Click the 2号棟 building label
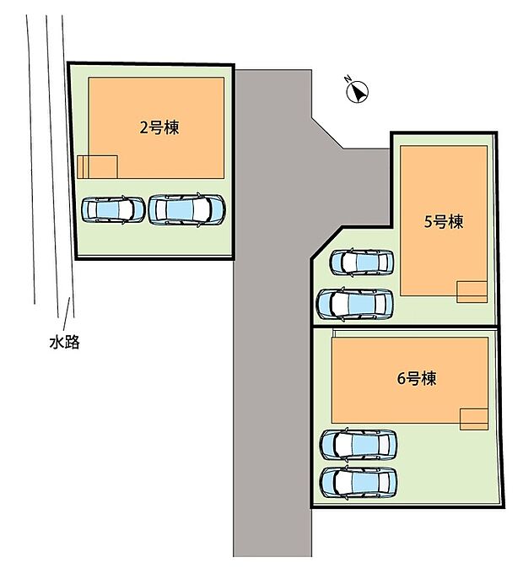[x=159, y=128]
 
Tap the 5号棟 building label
[x=444, y=222]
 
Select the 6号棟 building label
[x=416, y=378]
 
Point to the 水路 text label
[x=64, y=343]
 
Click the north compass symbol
[x=359, y=92]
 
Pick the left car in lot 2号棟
[x=113, y=209]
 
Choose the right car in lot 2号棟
[x=186, y=209]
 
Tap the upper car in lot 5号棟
[x=361, y=262]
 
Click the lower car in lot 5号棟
[x=355, y=303]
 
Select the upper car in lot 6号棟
[x=359, y=444]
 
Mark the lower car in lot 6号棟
[x=359, y=482]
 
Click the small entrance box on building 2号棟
[x=97, y=166]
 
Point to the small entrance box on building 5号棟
[x=472, y=290]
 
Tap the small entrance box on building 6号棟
[x=474, y=419]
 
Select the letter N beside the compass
[x=347, y=80]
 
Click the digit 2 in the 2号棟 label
[x=144, y=128]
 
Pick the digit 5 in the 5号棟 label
[x=429, y=223]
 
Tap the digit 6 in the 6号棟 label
[x=402, y=379]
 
